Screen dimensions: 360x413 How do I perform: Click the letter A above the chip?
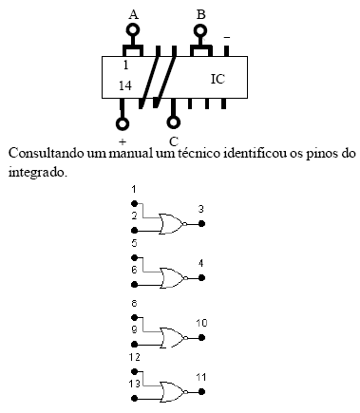(133, 13)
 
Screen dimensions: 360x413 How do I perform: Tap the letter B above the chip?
(200, 13)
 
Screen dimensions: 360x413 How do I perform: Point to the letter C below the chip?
(173, 142)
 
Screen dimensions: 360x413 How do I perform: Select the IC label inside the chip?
(218, 79)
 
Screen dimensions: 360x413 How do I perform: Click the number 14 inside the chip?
(125, 85)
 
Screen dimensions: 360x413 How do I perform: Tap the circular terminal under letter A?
(133, 29)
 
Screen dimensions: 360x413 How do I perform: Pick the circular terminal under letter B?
(200, 29)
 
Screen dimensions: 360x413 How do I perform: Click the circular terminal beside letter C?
(173, 122)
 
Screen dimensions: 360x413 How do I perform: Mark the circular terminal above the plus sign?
(123, 122)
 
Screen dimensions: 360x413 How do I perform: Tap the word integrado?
(36, 173)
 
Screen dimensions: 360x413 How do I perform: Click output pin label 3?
(200, 209)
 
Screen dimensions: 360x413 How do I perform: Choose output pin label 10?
(201, 323)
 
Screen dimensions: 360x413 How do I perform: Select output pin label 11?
(200, 377)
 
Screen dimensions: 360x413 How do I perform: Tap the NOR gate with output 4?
(174, 278)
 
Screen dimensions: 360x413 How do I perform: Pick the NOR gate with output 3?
(174, 224)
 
